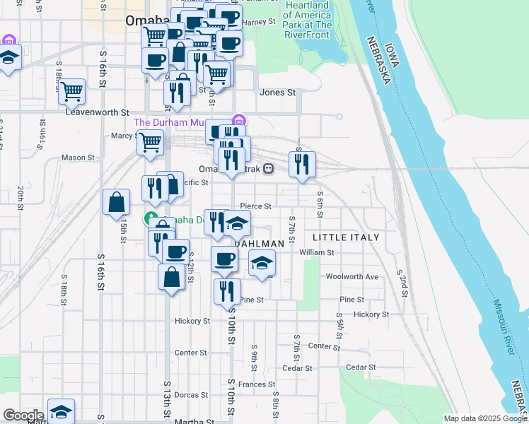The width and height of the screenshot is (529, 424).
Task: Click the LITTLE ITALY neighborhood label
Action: click(x=346, y=237)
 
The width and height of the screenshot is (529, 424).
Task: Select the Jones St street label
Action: click(x=277, y=93)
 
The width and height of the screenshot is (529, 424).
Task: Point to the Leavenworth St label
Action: click(x=98, y=112)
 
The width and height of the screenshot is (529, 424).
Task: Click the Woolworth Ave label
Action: click(x=351, y=276)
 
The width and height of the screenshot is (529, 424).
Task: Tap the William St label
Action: click(x=316, y=252)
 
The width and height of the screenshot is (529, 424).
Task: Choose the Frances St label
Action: click(x=256, y=384)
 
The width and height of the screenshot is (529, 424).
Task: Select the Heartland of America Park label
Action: click(x=308, y=16)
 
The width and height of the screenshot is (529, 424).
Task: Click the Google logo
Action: click(x=23, y=416)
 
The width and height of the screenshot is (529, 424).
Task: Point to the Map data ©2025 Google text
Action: click(x=486, y=418)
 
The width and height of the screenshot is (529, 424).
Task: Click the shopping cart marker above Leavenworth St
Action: click(x=71, y=90)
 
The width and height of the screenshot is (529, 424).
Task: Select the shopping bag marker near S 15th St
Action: click(x=116, y=202)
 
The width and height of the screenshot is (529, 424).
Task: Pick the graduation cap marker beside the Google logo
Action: click(x=61, y=411)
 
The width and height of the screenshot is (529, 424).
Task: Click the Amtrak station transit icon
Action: click(x=268, y=169)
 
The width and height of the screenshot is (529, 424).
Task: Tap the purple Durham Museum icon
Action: click(x=238, y=121)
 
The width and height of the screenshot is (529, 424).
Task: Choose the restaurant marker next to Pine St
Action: click(x=227, y=291)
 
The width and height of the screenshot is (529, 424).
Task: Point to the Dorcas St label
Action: click(x=190, y=395)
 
